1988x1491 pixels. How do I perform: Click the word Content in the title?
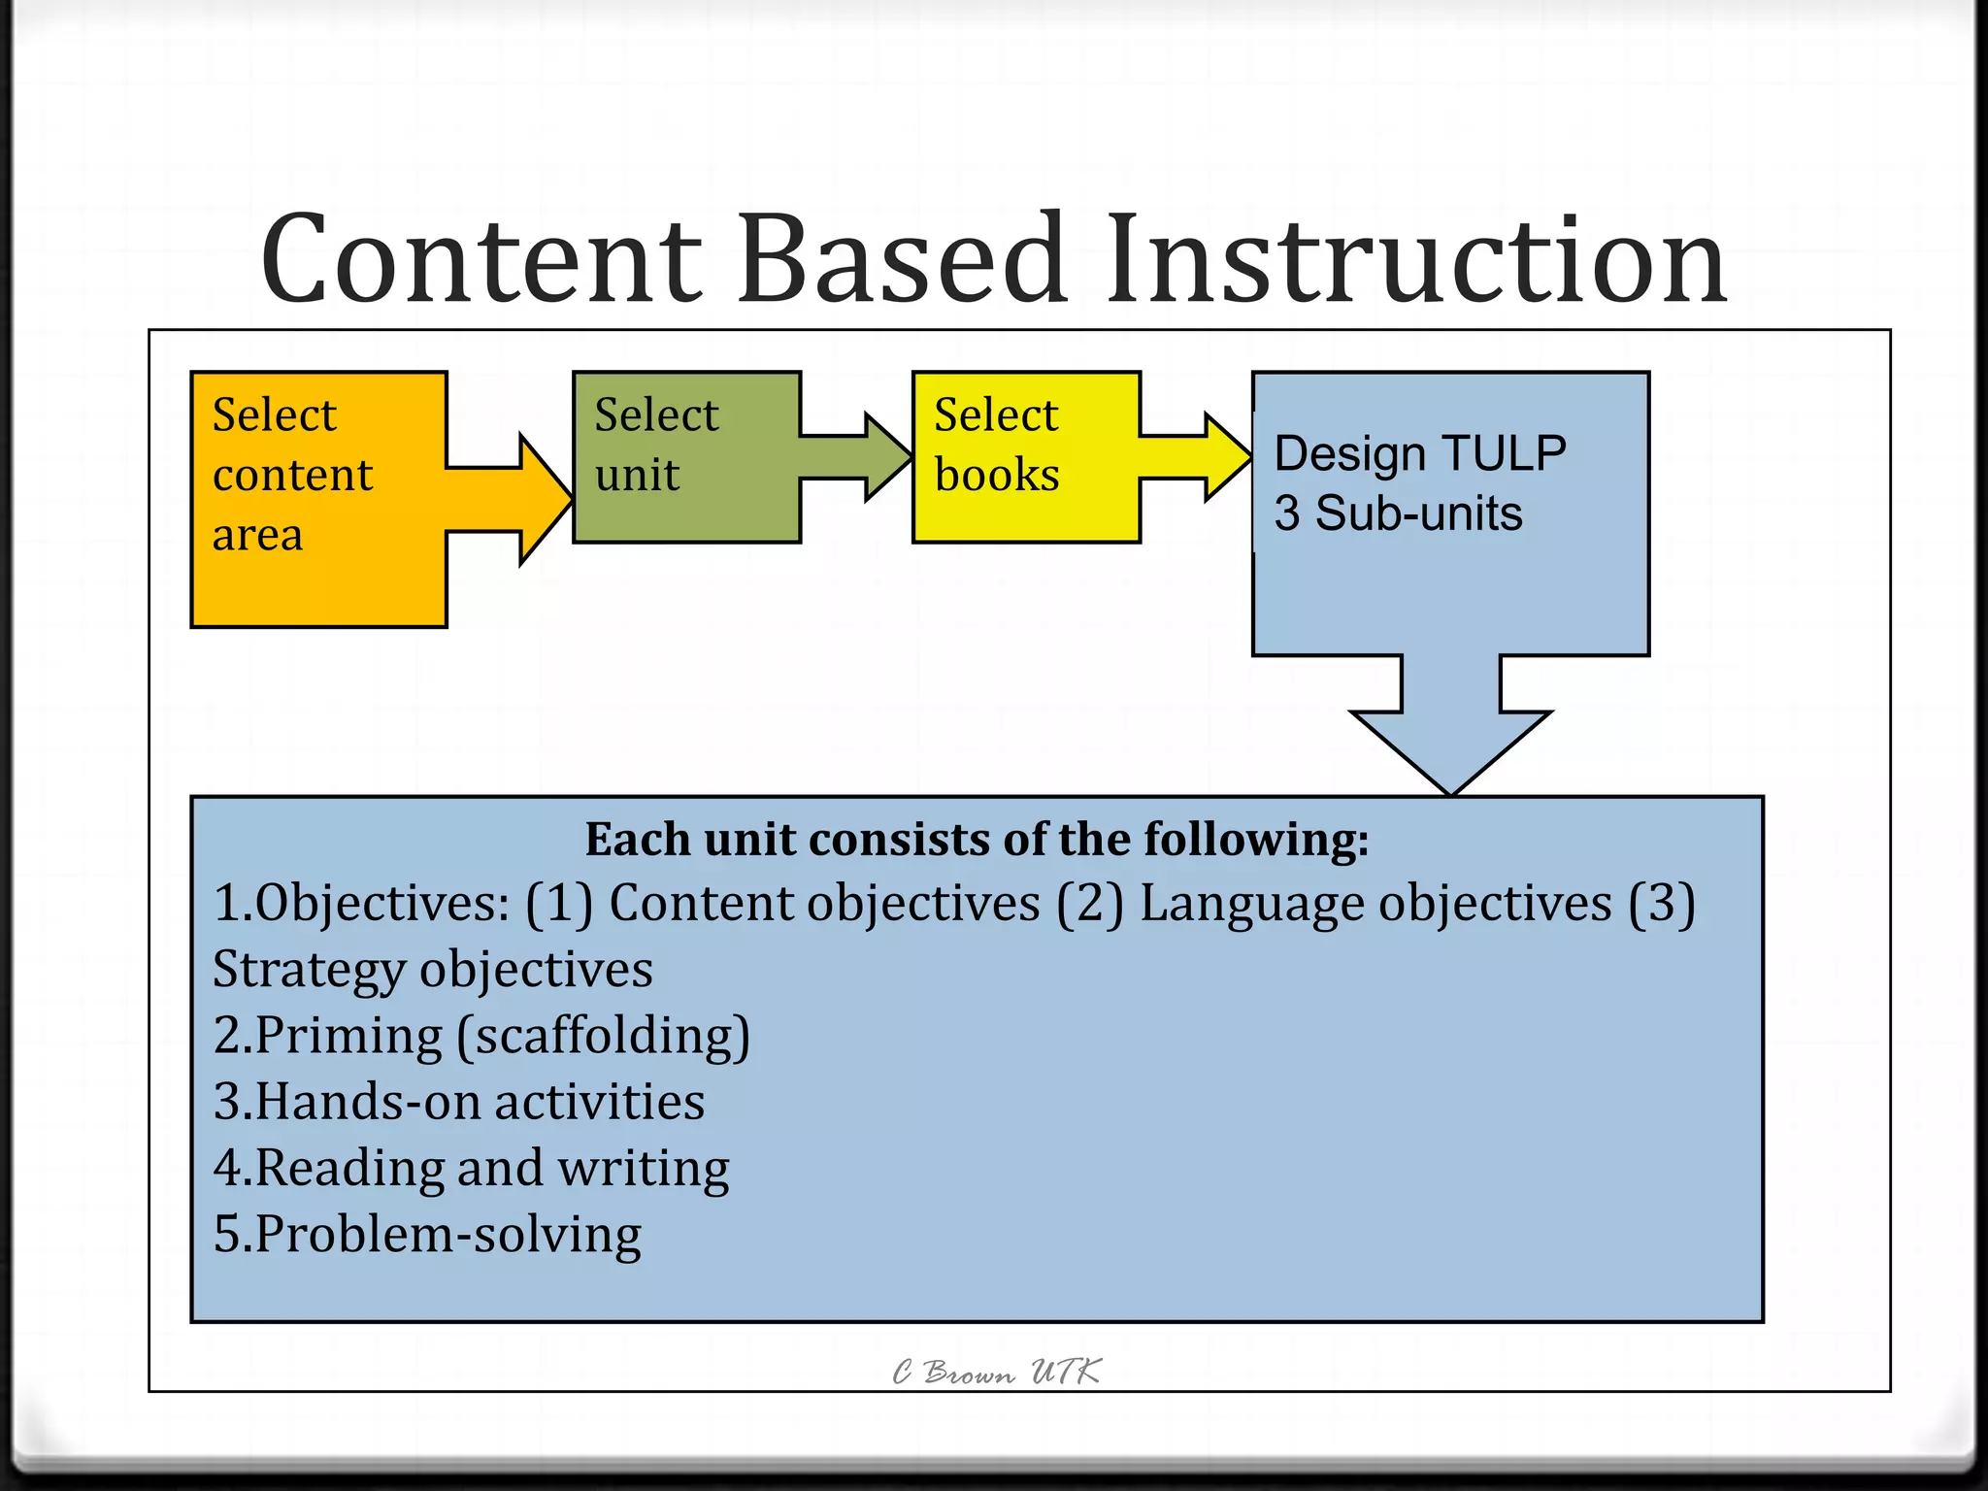click(x=480, y=260)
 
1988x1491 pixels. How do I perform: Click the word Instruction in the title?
click(x=1416, y=260)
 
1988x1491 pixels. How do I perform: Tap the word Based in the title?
click(x=903, y=260)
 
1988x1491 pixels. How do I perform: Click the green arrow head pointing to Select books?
click(x=885, y=456)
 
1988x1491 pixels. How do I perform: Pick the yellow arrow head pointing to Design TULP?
click(x=1225, y=456)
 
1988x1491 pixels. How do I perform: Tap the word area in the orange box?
click(x=257, y=535)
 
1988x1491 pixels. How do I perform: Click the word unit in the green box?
click(x=637, y=475)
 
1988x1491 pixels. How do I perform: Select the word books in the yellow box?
click(x=997, y=475)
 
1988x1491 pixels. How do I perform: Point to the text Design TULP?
click(x=1419, y=453)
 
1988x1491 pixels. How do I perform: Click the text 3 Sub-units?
click(x=1398, y=514)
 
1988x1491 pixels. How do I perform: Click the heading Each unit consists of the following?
click(x=977, y=840)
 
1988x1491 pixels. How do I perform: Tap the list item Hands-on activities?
click(x=459, y=1102)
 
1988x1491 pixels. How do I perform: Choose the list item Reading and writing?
click(x=472, y=1168)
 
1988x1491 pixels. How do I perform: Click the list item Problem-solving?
click(x=427, y=1235)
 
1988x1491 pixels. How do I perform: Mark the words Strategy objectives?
click(x=433, y=970)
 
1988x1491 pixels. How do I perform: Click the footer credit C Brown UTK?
click(x=996, y=1372)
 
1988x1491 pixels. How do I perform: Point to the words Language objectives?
click(x=1375, y=904)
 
